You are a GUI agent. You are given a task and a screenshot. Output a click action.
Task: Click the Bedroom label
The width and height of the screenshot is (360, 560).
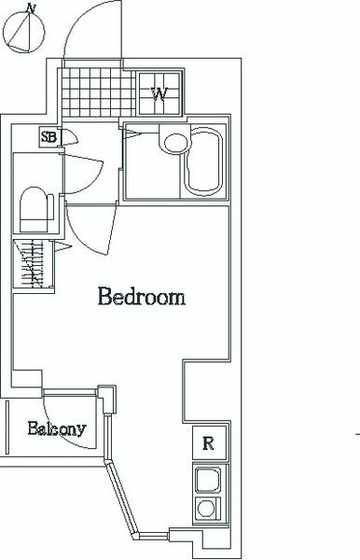pyautogui.click(x=142, y=296)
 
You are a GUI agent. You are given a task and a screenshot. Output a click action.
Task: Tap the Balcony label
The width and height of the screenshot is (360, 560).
pyautogui.click(x=57, y=428)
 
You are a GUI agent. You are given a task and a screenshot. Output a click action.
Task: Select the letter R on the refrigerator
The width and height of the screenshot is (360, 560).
pyautogui.click(x=208, y=443)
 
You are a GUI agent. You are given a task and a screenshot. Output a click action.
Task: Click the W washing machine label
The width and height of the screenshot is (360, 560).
pyautogui.click(x=159, y=94)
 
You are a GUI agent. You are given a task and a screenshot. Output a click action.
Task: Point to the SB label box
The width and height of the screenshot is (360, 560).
pyautogui.click(x=48, y=137)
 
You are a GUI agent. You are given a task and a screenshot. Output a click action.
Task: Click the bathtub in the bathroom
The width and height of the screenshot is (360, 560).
pyautogui.click(x=203, y=161)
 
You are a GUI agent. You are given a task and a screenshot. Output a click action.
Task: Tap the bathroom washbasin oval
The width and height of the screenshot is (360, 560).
pyautogui.click(x=175, y=144)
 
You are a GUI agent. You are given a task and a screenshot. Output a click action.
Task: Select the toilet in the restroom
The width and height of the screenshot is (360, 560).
pyautogui.click(x=34, y=210)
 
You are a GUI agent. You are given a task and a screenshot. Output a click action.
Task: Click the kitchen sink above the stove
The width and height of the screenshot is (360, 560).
pyautogui.click(x=208, y=480)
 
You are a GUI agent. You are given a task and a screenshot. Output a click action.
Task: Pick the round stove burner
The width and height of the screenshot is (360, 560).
pyautogui.click(x=205, y=509)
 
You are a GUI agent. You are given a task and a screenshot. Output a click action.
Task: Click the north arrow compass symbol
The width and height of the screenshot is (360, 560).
pyautogui.click(x=24, y=30)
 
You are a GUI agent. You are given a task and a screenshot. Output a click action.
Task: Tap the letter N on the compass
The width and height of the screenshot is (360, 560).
pyautogui.click(x=32, y=8)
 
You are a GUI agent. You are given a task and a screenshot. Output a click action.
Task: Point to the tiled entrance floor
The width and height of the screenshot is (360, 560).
pyautogui.click(x=99, y=92)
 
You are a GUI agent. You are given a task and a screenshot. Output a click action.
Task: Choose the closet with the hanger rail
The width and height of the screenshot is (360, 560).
pyautogui.click(x=34, y=264)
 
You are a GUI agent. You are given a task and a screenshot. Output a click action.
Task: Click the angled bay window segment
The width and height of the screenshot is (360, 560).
pyautogui.click(x=121, y=500)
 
